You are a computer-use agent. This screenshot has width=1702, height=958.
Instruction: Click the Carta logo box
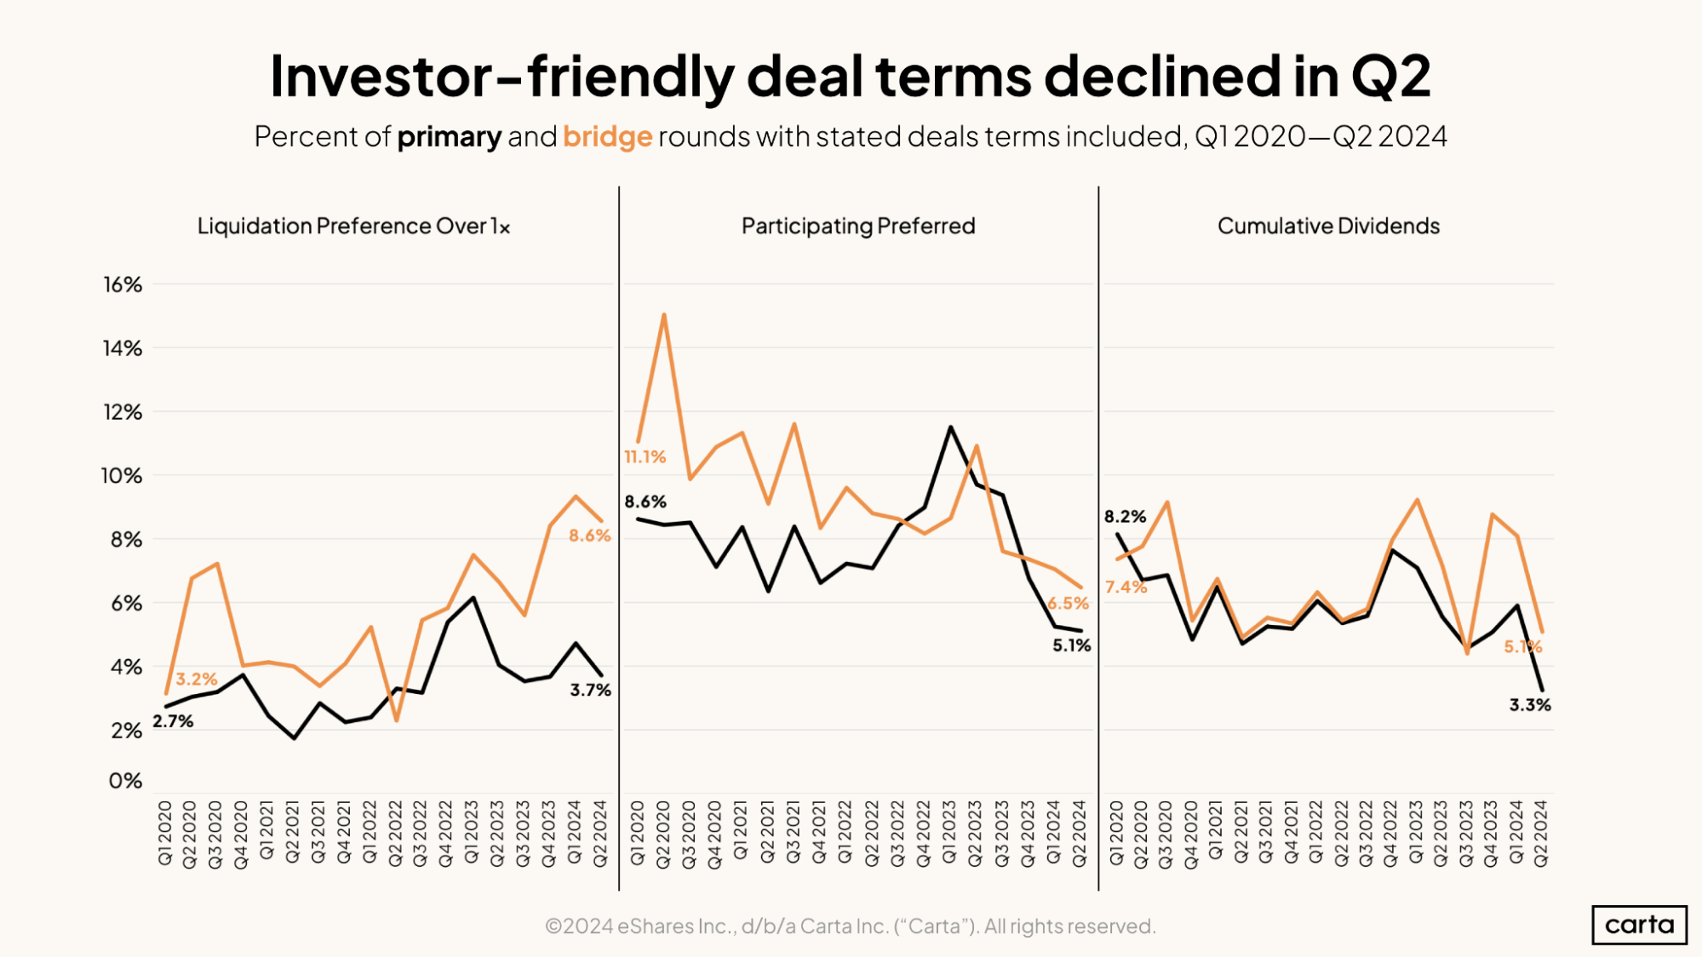pyautogui.click(x=1638, y=925)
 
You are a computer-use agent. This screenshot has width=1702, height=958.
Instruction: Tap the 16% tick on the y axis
pyautogui.click(x=123, y=284)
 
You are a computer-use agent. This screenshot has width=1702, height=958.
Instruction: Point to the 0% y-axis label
pyautogui.click(x=124, y=781)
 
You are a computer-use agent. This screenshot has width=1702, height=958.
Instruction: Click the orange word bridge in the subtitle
pyautogui.click(x=607, y=136)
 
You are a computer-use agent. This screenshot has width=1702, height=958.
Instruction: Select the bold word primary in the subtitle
pyautogui.click(x=449, y=136)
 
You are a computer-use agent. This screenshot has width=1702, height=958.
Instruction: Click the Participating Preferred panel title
pyautogui.click(x=857, y=226)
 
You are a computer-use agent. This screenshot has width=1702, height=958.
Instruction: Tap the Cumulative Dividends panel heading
pyautogui.click(x=1328, y=226)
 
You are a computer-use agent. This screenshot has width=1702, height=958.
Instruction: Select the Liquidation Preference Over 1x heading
pyautogui.click(x=353, y=226)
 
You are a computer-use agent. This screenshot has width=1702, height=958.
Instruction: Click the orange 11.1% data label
pyautogui.click(x=645, y=457)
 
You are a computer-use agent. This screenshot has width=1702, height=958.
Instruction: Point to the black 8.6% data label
pyautogui.click(x=645, y=502)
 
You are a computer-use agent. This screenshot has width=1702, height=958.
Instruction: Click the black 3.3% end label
pyautogui.click(x=1529, y=705)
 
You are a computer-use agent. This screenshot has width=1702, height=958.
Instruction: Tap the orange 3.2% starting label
pyautogui.click(x=196, y=680)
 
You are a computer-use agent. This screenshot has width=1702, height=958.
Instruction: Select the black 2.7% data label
pyautogui.click(x=173, y=721)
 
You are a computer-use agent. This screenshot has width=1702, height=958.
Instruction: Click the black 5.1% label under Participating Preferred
pyautogui.click(x=1070, y=645)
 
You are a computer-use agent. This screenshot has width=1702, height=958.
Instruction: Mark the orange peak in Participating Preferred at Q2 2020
pyautogui.click(x=663, y=315)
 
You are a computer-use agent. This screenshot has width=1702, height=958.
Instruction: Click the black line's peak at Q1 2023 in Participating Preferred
pyautogui.click(x=950, y=427)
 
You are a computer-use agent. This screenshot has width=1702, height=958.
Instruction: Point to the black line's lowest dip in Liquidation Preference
pyautogui.click(x=295, y=737)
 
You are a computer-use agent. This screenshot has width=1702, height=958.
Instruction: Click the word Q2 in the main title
pyautogui.click(x=1390, y=77)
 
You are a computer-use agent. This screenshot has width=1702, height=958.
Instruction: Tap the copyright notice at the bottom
pyautogui.click(x=850, y=926)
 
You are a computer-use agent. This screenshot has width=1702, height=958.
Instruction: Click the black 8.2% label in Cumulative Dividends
pyautogui.click(x=1125, y=517)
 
